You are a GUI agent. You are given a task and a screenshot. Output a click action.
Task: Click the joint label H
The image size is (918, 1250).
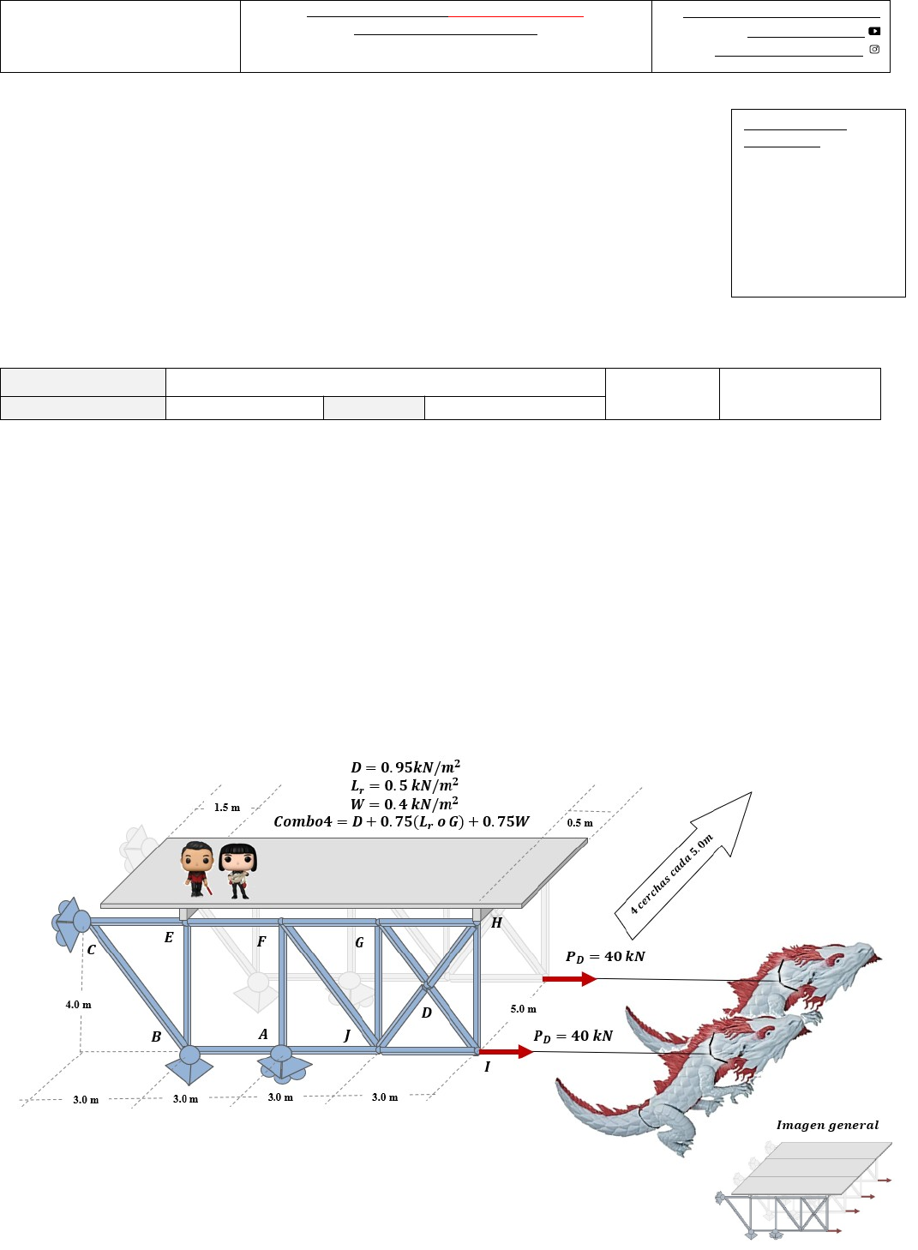pos(496,923)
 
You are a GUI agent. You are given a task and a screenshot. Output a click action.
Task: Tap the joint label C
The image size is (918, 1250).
pos(92,950)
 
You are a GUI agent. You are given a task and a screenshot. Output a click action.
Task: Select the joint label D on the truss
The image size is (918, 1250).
pos(426,1013)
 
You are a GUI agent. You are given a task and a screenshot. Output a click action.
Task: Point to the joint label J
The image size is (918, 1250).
pos(346,1035)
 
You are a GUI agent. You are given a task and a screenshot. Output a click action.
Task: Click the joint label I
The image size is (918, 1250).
pos(487,1067)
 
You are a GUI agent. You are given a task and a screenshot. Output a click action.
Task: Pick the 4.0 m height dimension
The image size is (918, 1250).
pos(78,1005)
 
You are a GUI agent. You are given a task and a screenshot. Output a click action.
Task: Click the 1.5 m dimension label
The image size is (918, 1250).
pos(226,808)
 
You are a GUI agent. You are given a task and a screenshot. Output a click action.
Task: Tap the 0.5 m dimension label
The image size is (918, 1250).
pos(579,823)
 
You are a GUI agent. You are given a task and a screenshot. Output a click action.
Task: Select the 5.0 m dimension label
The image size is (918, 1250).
pos(523,1009)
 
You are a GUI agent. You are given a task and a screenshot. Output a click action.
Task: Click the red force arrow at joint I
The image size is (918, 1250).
pos(507,1052)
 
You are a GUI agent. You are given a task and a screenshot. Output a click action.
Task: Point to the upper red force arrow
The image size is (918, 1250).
pos(570,979)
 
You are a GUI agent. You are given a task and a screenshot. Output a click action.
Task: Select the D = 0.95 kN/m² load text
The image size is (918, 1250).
pos(405,767)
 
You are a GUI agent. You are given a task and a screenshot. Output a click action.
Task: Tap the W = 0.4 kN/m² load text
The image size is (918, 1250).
pos(405,804)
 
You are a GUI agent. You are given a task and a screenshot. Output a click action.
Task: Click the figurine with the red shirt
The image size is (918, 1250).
pos(196,869)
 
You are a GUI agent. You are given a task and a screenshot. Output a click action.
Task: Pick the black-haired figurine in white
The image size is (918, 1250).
pos(237,871)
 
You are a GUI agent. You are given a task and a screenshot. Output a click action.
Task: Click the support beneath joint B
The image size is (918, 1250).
pos(189,1066)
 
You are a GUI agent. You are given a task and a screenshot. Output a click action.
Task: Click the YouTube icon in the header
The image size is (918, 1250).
pos(874,31)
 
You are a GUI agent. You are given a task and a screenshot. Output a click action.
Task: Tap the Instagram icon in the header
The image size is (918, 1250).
pos(874,49)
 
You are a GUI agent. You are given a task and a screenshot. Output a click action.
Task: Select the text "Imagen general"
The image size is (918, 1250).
pos(827,1126)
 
